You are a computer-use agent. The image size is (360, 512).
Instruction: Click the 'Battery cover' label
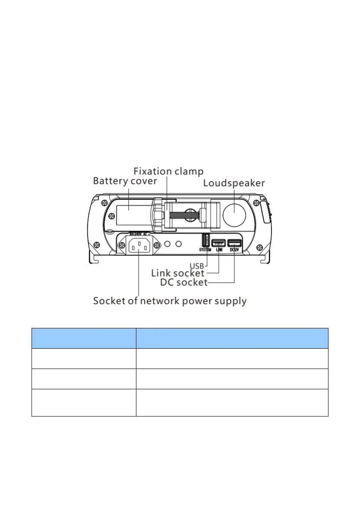tap(125, 181)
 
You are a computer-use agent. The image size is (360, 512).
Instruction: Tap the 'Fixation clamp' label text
tap(168, 171)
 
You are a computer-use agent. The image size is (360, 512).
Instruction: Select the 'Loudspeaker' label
tap(234, 183)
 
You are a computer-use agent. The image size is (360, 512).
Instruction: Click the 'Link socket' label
tap(177, 273)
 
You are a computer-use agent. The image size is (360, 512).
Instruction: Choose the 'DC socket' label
tap(184, 283)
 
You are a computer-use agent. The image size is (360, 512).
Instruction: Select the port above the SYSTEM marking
tap(205, 241)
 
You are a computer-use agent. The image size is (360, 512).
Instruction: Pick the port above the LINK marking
tap(218, 243)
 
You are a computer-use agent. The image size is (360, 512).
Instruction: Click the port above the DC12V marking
tap(234, 243)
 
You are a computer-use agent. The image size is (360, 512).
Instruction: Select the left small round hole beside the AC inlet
tap(167, 245)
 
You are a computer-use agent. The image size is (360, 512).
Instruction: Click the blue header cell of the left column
tap(84, 338)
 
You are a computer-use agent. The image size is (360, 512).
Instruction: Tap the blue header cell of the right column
tap(232, 338)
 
